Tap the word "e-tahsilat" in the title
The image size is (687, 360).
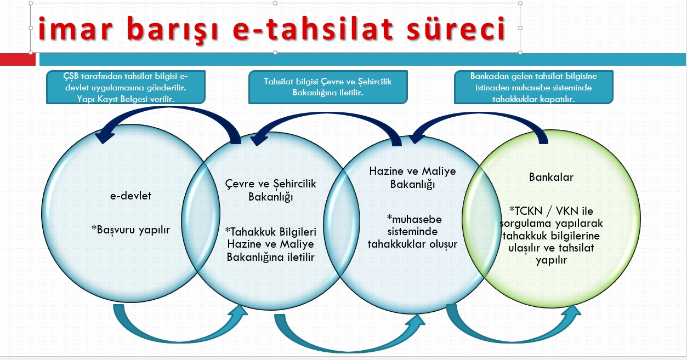coord(313,28)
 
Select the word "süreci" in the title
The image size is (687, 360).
coord(456,28)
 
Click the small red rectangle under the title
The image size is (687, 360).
coord(18,59)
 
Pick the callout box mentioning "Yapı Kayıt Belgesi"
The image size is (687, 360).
coord(126,87)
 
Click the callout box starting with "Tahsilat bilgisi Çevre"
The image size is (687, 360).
coord(328,87)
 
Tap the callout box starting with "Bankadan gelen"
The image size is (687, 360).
coord(533,87)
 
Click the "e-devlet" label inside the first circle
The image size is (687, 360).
coord(131,196)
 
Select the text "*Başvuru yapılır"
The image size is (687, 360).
coord(130,230)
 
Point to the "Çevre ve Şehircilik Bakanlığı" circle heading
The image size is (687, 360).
coord(270,190)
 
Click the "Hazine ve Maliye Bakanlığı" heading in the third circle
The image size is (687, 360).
coord(412,178)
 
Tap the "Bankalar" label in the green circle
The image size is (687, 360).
coord(551,177)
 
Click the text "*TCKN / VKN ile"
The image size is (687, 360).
coord(551,211)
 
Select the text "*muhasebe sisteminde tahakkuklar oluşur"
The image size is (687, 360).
coord(412,232)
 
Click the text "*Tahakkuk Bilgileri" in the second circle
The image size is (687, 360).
coord(271,232)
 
